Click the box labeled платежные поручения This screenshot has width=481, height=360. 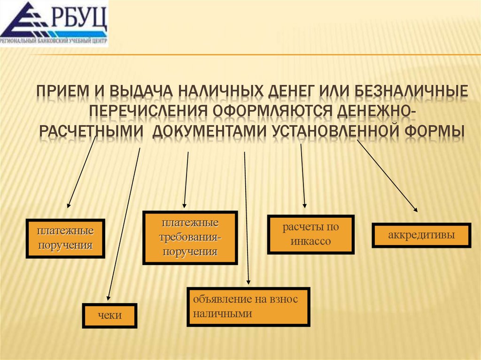(x=65, y=238)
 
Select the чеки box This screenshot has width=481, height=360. (x=110, y=315)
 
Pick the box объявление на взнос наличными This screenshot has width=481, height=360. (x=248, y=306)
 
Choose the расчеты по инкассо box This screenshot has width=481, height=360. (x=310, y=235)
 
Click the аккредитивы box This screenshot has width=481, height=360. (x=421, y=235)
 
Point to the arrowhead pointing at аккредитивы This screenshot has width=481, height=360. (x=415, y=209)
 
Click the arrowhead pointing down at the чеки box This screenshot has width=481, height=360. (x=109, y=297)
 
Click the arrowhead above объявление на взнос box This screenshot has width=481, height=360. (x=248, y=282)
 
